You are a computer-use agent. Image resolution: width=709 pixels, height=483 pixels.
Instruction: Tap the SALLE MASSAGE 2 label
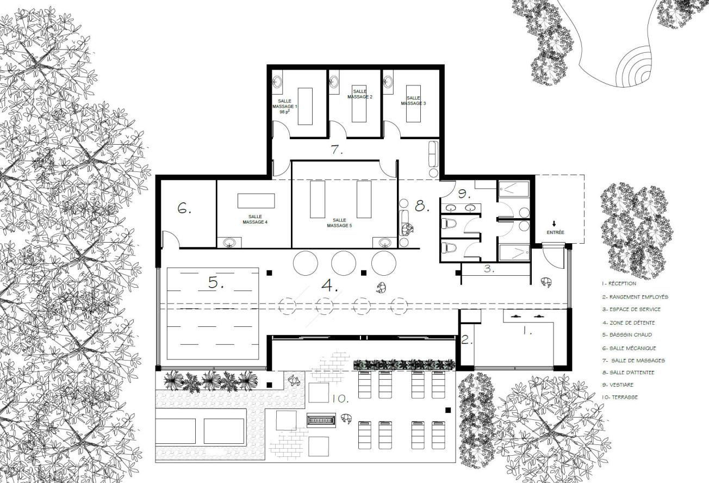coord(359,94)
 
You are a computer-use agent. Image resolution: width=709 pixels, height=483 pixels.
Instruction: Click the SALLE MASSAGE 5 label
coord(340,222)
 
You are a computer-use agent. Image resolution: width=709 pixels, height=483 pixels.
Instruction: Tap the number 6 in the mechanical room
coord(184,208)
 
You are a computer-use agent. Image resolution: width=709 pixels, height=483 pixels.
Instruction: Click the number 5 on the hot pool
coord(213,283)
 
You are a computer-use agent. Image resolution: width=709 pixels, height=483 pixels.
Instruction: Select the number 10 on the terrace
coord(340,399)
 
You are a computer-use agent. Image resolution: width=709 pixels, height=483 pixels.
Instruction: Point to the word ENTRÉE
coord(555,232)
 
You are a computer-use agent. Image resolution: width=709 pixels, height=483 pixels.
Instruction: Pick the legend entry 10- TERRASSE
coord(620,397)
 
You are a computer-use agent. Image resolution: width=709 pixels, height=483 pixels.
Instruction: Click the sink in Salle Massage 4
coord(229,243)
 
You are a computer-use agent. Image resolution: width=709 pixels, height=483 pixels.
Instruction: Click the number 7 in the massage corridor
coord(337,151)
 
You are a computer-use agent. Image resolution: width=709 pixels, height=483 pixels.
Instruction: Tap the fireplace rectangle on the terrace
coord(321,420)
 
